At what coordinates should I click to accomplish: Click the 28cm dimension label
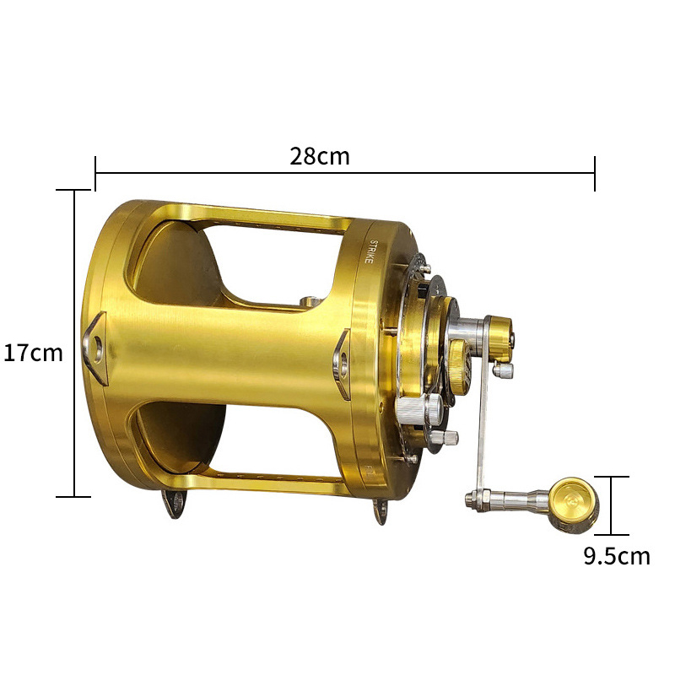point(320,156)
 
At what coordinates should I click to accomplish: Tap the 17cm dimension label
point(33,353)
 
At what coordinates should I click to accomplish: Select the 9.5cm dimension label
point(617,556)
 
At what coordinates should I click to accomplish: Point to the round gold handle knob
point(573,505)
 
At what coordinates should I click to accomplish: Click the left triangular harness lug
point(94,348)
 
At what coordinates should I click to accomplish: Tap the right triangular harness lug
point(342,364)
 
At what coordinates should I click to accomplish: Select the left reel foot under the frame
point(175,503)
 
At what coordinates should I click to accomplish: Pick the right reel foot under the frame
point(381,511)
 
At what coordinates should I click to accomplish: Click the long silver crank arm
point(483,405)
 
